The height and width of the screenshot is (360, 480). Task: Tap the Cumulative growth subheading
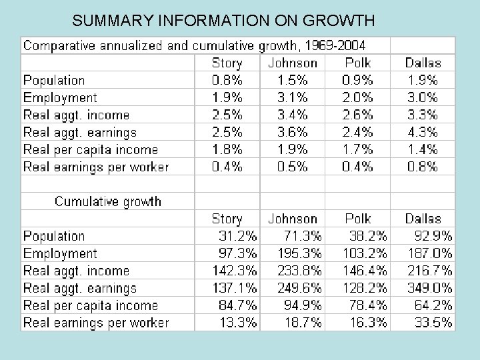108,201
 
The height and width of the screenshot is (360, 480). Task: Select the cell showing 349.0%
430,288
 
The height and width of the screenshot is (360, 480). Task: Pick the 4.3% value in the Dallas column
422,132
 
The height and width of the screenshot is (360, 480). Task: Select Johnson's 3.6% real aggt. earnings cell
293,132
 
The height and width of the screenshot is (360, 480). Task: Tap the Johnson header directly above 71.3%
293,219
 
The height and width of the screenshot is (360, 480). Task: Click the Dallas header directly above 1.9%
423,63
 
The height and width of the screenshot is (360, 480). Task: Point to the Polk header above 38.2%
358,219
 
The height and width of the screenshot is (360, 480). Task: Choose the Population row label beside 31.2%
54,236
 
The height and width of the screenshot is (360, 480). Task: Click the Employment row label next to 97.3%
60,253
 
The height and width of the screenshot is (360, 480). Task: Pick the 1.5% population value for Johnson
293,80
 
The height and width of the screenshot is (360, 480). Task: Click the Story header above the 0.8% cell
227,63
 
